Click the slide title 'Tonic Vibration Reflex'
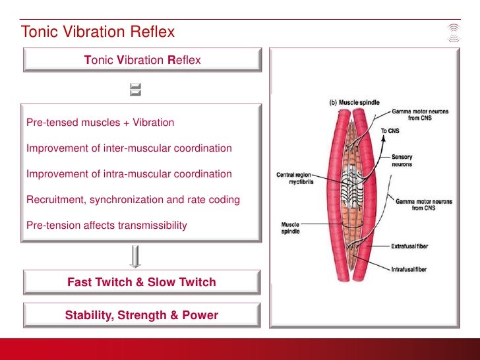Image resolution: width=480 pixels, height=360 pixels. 97,32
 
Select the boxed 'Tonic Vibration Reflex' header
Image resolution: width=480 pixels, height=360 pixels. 142,60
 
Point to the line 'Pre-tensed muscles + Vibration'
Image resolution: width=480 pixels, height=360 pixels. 100,123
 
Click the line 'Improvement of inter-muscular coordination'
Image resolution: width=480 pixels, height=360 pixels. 129,148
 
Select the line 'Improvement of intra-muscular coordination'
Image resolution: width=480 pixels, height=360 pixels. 129,174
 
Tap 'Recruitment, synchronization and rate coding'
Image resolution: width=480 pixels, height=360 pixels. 133,200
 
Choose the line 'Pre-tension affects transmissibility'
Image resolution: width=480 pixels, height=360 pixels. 107,225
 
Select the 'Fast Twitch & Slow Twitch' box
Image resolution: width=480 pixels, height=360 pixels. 142,282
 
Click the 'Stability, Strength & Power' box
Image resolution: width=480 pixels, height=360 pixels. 142,315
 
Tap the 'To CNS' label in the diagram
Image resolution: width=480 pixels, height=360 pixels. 390,131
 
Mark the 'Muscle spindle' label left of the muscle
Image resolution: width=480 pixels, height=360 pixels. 290,229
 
